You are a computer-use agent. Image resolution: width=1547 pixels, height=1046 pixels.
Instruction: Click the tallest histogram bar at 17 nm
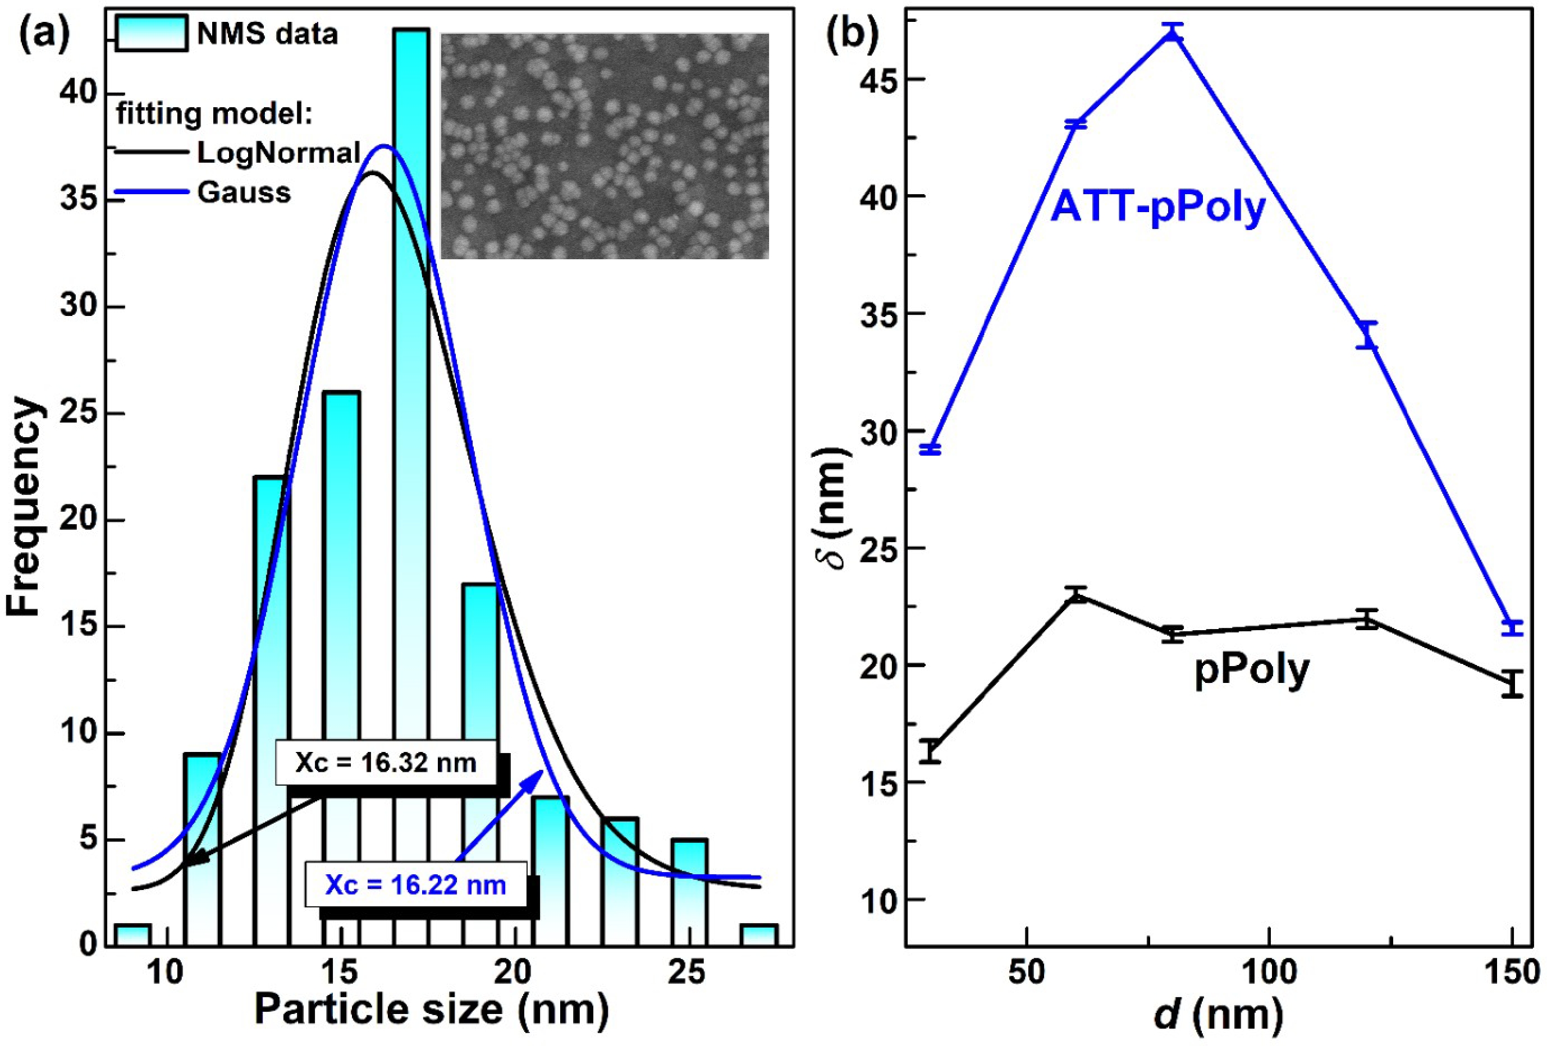tap(410, 466)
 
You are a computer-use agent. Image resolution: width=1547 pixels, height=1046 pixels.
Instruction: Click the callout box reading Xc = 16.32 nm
tap(386, 763)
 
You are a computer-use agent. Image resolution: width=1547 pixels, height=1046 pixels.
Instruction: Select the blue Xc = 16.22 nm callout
tap(415, 885)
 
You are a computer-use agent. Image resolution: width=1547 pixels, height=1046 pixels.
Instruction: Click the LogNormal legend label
tap(278, 153)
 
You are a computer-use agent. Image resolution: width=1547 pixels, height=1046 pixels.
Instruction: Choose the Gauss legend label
tap(244, 193)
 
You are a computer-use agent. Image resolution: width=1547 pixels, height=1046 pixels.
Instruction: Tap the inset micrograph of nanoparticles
tap(605, 146)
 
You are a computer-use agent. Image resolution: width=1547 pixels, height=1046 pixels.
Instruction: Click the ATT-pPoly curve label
tap(1157, 208)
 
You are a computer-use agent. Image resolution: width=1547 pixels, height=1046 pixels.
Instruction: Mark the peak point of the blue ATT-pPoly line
tap(1174, 33)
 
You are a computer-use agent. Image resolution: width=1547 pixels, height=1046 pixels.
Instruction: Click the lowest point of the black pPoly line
tap(931, 752)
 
